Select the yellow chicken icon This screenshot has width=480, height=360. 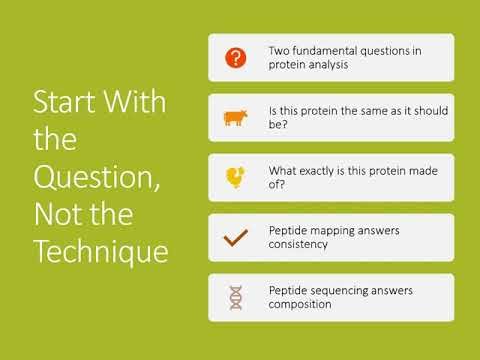tap(235, 178)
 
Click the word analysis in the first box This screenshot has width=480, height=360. tap(327, 65)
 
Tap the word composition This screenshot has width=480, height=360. tap(301, 305)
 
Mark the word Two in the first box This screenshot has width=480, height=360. tap(279, 51)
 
